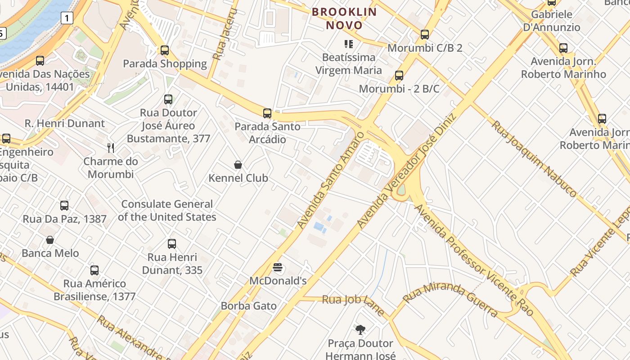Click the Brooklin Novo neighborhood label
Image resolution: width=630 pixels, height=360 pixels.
pyautogui.click(x=345, y=18)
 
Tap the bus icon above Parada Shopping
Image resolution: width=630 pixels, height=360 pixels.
pyautogui.click(x=165, y=50)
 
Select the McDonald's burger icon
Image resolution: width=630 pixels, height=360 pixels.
pyautogui.click(x=278, y=268)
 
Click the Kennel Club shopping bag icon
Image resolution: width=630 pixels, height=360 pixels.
pyautogui.click(x=238, y=165)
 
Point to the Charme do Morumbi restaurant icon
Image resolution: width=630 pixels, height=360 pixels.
pyautogui.click(x=111, y=148)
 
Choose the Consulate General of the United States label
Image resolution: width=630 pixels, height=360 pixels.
pyautogui.click(x=167, y=211)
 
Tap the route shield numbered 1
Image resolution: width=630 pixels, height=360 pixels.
pyautogui.click(x=67, y=18)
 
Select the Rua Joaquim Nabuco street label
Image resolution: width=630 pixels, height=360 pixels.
pyautogui.click(x=533, y=158)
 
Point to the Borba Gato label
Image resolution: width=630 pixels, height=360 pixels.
pyautogui.click(x=248, y=306)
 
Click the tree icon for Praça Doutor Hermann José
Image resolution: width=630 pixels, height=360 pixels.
pyautogui.click(x=360, y=330)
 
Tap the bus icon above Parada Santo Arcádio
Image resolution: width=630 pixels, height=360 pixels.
pyautogui.click(x=267, y=113)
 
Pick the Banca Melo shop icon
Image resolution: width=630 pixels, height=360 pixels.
pyautogui.click(x=50, y=240)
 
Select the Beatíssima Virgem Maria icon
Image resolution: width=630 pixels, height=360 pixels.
pyautogui.click(x=348, y=44)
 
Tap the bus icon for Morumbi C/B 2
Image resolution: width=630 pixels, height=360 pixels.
pyautogui.click(x=424, y=35)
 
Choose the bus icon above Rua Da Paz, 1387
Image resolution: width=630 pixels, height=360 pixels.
pyautogui.click(x=64, y=206)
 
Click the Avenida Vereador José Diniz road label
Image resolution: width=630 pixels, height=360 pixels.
pyautogui.click(x=406, y=171)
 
